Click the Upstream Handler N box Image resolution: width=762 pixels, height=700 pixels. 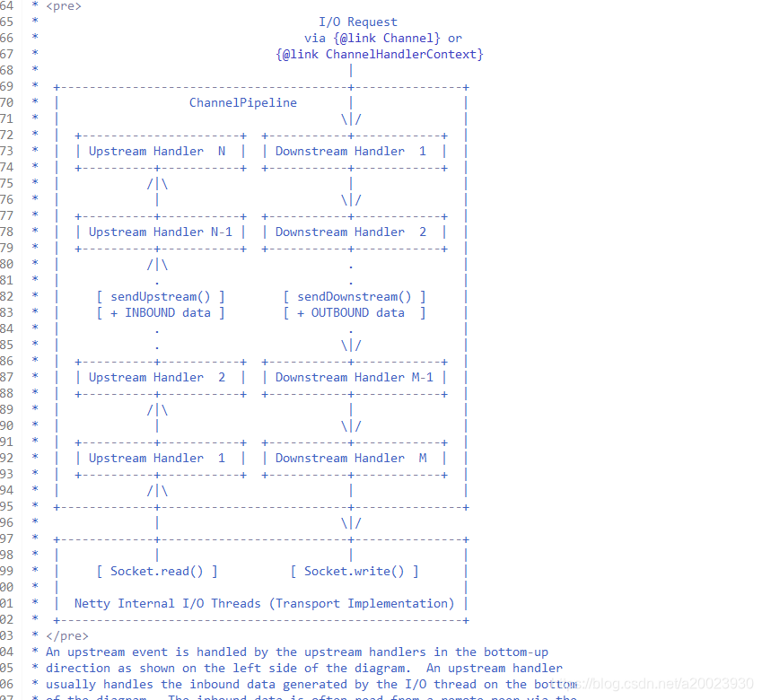160,151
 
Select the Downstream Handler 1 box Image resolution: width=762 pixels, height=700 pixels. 353,151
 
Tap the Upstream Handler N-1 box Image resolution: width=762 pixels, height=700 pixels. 160,232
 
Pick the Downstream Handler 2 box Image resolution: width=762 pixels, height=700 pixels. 353,232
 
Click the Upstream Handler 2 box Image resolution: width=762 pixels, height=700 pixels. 160,377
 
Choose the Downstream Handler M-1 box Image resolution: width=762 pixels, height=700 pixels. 354,377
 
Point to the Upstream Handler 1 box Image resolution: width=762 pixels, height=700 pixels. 160,458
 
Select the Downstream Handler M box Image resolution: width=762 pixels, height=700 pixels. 353,458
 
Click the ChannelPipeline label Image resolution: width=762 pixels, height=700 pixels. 242,102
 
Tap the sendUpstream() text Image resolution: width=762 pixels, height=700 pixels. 161,296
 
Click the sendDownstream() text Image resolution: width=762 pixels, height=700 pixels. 354,296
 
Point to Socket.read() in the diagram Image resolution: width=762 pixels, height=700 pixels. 157,571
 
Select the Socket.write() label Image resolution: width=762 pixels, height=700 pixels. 354,571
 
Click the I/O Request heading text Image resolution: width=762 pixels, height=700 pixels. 357,22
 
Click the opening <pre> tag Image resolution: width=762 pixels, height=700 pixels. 63,5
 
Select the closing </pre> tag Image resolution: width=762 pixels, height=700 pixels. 66,635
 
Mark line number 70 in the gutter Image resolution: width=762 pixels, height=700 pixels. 6,102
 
